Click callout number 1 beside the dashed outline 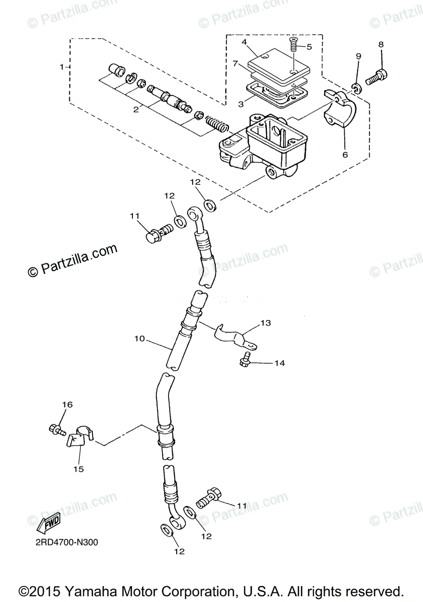click(x=62, y=67)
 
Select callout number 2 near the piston click(x=136, y=110)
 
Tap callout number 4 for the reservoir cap click(x=244, y=42)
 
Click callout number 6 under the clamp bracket click(x=345, y=155)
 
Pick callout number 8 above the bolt click(x=381, y=44)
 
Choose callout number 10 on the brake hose click(x=139, y=339)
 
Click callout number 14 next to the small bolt click(x=279, y=363)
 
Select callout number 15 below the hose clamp click(x=79, y=470)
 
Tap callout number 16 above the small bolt click(x=67, y=405)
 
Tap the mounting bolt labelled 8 click(x=375, y=78)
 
